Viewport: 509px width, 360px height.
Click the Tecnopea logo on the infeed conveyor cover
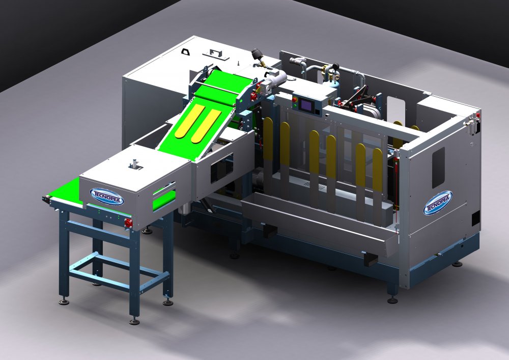coord(107,197)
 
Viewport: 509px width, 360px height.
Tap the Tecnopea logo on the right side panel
coord(438,203)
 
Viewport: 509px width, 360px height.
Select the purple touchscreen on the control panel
coord(306,104)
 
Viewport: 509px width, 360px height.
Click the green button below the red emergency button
coord(294,105)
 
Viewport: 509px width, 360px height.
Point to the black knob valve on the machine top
coord(258,54)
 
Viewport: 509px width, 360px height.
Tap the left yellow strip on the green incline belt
coord(190,121)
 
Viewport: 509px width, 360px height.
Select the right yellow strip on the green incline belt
coord(206,126)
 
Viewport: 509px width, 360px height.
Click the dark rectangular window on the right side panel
coord(438,168)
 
